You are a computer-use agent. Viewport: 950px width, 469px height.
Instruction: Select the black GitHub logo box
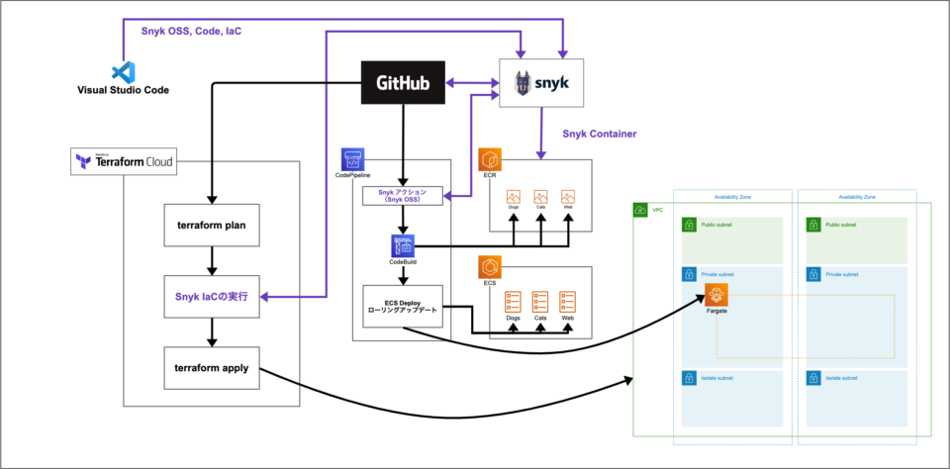(402, 83)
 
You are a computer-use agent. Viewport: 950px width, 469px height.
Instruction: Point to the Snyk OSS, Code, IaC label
(190, 32)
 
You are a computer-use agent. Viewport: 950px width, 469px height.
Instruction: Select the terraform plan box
(210, 225)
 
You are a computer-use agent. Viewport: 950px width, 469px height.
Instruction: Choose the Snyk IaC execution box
(210, 295)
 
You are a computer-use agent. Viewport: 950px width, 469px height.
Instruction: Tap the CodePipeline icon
(353, 160)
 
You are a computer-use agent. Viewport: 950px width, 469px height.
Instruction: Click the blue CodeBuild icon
(402, 246)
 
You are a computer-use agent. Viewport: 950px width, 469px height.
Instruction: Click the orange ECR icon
(489, 160)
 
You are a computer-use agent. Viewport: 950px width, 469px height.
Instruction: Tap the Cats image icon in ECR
(540, 197)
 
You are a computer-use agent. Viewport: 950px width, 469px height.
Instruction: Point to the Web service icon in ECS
(567, 301)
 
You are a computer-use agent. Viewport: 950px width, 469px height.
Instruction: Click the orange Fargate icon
(717, 295)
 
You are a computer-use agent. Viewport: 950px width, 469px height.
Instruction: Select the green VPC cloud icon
(641, 210)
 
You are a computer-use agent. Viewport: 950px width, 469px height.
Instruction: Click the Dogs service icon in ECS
(513, 301)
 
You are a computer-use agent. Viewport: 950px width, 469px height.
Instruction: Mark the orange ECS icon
(489, 266)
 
